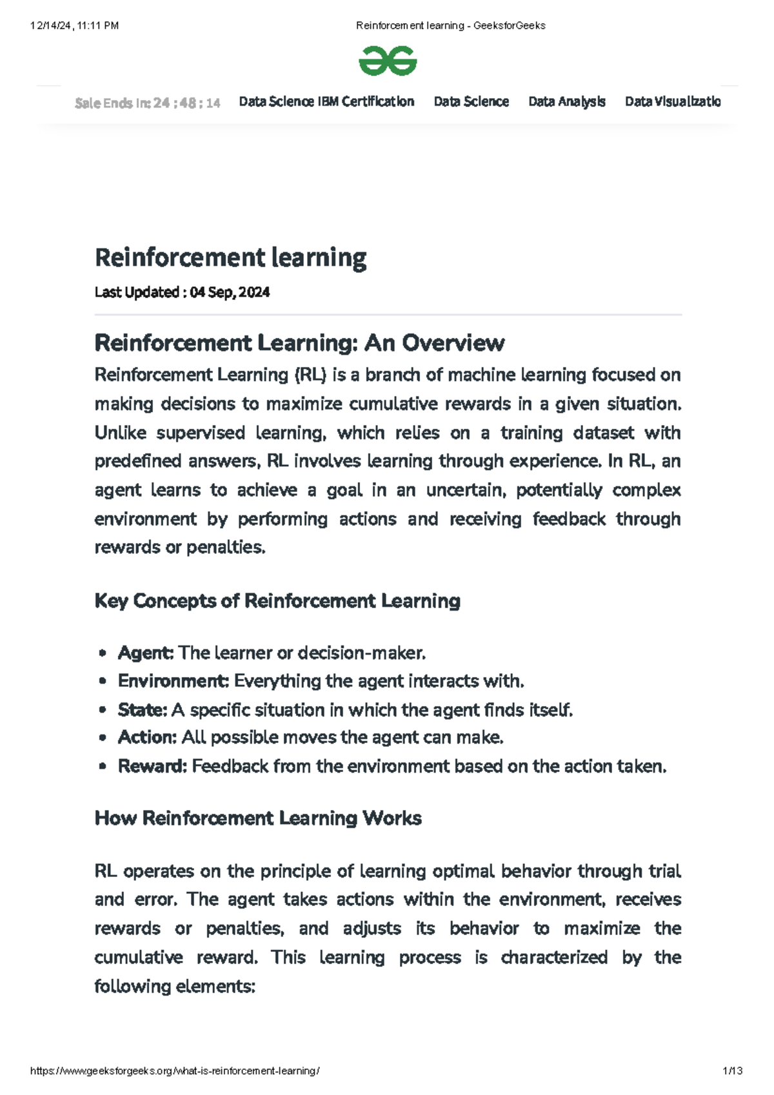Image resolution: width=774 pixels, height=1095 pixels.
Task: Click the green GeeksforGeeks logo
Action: point(388,61)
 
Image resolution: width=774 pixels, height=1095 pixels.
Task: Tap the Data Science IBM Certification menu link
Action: point(326,102)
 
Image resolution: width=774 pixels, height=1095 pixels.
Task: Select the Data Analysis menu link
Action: point(566,102)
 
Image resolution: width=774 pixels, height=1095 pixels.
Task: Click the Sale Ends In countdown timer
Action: point(147,103)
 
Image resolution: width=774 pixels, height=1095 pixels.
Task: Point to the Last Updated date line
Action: point(182,292)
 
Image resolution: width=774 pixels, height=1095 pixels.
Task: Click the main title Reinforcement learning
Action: point(230,257)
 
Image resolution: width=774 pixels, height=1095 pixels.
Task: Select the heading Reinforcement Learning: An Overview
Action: point(299,343)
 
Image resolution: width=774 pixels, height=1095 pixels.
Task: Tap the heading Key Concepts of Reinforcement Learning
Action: point(277,601)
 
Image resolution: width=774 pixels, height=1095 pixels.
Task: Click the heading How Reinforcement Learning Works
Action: point(258,818)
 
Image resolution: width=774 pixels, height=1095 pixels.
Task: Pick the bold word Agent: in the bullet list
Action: point(146,653)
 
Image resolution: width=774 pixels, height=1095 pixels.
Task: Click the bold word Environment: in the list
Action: point(174,682)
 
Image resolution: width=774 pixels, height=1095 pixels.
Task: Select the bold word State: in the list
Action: point(143,710)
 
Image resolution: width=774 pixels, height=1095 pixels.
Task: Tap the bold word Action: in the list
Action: point(147,738)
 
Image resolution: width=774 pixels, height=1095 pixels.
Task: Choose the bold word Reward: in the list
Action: point(152,767)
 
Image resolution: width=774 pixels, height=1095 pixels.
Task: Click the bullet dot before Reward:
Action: point(103,767)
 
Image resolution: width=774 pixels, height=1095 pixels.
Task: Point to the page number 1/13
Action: point(733,1071)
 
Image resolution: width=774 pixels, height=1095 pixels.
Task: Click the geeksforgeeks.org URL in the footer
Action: point(175,1071)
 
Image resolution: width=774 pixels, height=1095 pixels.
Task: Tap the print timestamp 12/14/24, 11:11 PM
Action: point(74,26)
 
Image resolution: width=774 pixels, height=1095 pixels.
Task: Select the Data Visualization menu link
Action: point(672,102)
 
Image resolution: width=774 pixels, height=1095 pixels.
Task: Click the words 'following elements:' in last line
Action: point(175,987)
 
